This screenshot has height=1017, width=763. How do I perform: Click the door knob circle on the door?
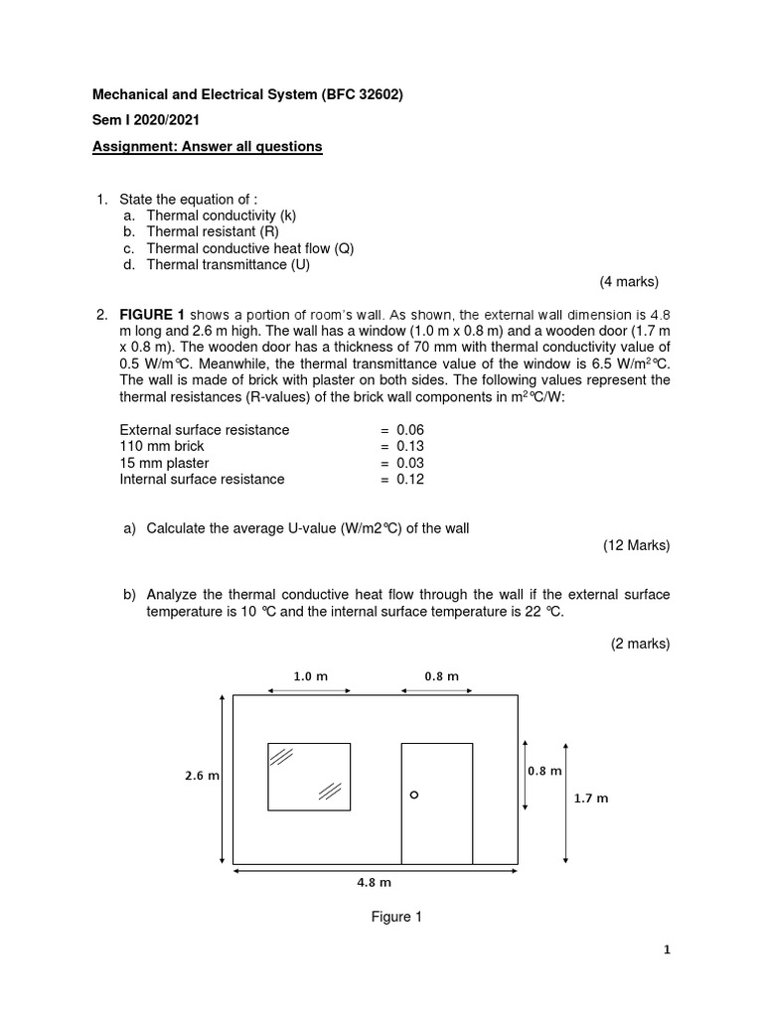pyautogui.click(x=414, y=795)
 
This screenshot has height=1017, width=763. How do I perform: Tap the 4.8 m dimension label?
pyautogui.click(x=375, y=881)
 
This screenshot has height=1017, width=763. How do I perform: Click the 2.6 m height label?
pyautogui.click(x=200, y=776)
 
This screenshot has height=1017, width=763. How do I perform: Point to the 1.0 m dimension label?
pyautogui.click(x=309, y=676)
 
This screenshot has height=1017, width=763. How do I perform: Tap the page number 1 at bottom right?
pyautogui.click(x=667, y=949)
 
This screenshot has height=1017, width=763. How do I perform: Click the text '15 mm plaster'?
pyautogui.click(x=164, y=463)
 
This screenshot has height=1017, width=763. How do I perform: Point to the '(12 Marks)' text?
pyautogui.click(x=636, y=545)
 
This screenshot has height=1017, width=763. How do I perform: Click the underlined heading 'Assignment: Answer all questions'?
pyautogui.click(x=208, y=147)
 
